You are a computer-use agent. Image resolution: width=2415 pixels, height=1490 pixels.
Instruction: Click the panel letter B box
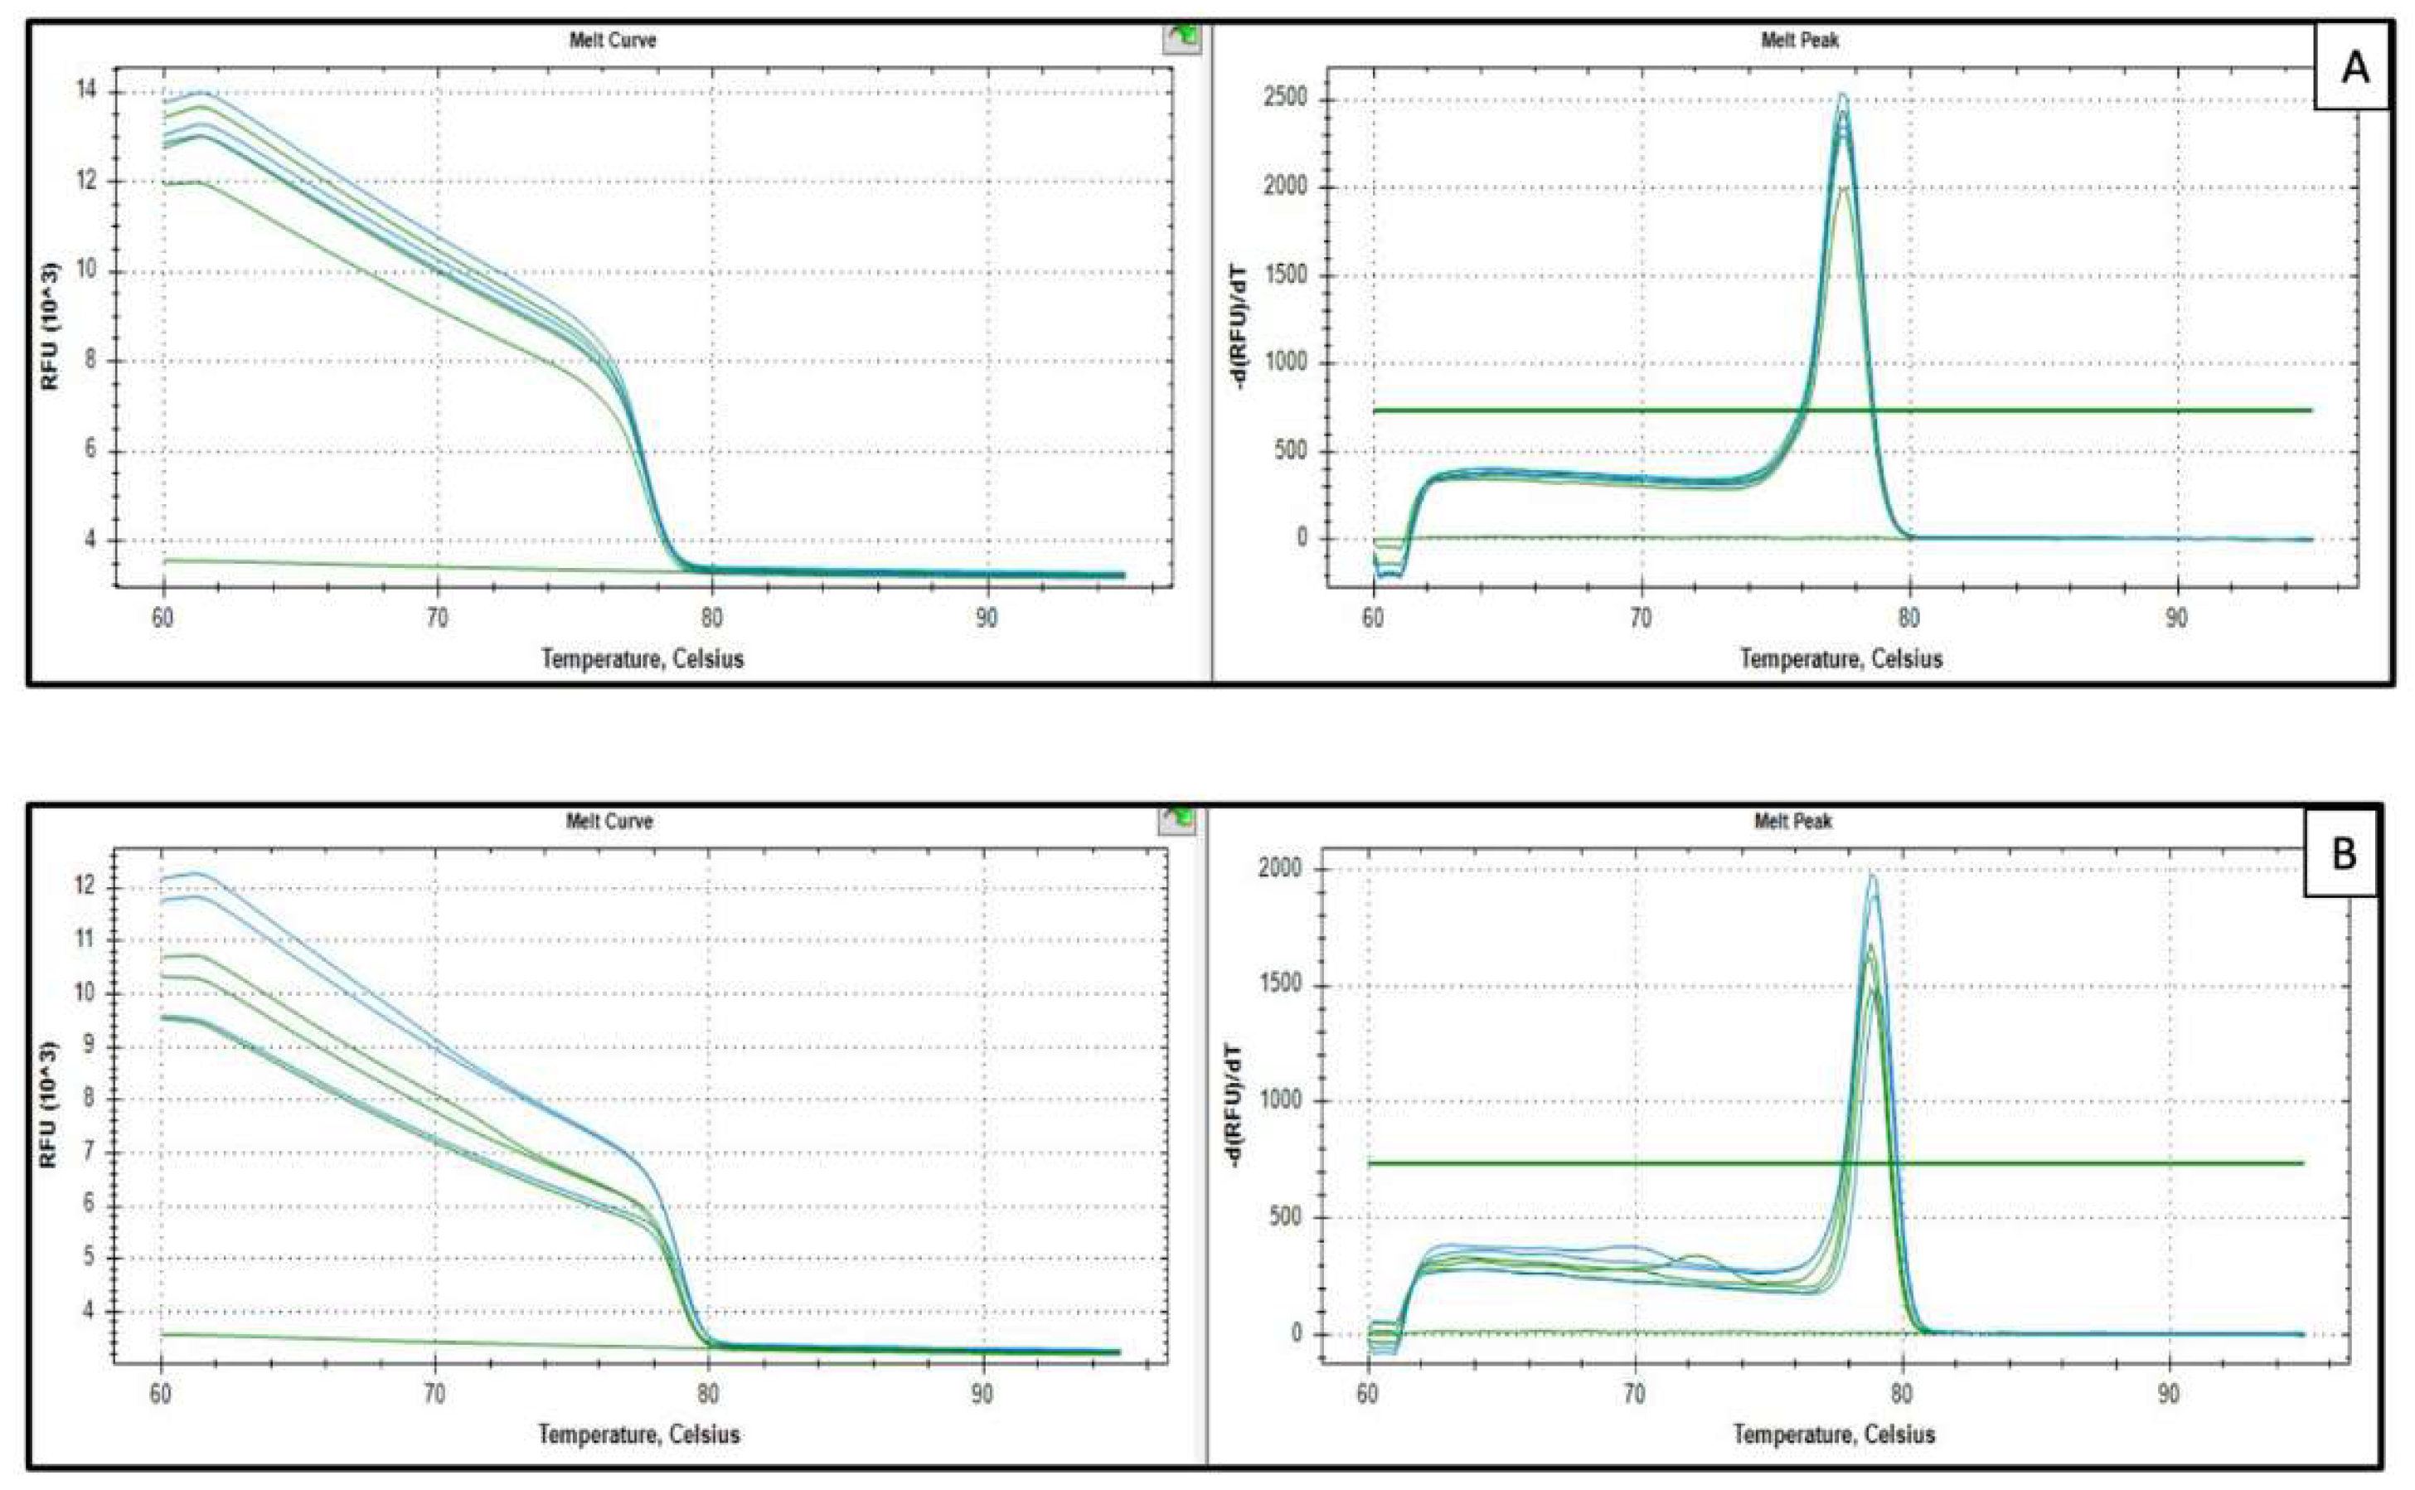[2342, 853]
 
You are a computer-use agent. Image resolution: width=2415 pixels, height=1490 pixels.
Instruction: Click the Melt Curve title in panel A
[612, 41]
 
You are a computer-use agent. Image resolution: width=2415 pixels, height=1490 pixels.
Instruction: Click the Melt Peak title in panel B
[1792, 821]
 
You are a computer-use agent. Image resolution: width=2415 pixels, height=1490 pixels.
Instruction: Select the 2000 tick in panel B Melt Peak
[1281, 869]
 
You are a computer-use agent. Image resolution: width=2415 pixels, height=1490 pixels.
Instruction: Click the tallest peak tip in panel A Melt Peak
[1841, 95]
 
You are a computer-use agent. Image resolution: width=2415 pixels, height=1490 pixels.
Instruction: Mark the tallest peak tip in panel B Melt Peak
[1872, 874]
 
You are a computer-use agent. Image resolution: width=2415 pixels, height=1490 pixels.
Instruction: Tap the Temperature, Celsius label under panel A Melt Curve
[643, 658]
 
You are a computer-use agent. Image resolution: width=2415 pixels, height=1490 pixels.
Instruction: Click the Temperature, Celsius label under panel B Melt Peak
[1834, 1434]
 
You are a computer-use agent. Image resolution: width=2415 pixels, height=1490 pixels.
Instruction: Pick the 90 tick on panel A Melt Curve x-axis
[985, 618]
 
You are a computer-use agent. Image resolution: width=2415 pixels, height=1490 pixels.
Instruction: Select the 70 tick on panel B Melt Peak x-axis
[1635, 1395]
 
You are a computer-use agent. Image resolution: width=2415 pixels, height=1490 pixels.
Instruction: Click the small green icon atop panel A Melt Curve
[1182, 37]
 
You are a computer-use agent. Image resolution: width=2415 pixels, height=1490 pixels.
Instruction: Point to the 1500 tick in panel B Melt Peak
[1281, 985]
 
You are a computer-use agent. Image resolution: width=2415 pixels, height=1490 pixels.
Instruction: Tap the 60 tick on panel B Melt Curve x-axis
[161, 1395]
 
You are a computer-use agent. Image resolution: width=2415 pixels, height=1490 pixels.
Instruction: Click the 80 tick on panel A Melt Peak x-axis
[1908, 618]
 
